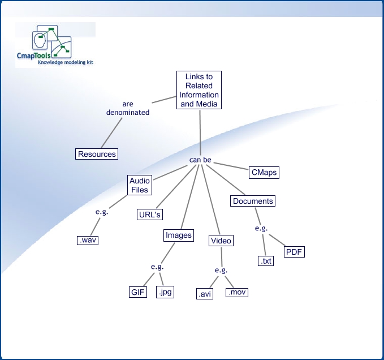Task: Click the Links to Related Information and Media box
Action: point(199,91)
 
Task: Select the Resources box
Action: point(97,154)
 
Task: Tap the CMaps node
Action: point(264,172)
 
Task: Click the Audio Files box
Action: point(140,186)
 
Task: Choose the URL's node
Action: point(150,215)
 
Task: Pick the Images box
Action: point(179,235)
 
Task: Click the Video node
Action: point(221,241)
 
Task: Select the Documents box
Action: point(253,201)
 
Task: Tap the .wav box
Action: point(88,241)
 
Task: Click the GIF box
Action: point(138,292)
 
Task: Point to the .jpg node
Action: point(165,292)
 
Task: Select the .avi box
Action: point(205,294)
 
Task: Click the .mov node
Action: point(236,293)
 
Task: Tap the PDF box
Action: point(294,252)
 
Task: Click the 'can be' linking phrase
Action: point(200,160)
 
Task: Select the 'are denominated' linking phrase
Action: point(128,108)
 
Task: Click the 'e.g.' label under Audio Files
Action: point(101,212)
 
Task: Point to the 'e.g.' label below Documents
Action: point(261,228)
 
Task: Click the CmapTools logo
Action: point(55,45)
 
